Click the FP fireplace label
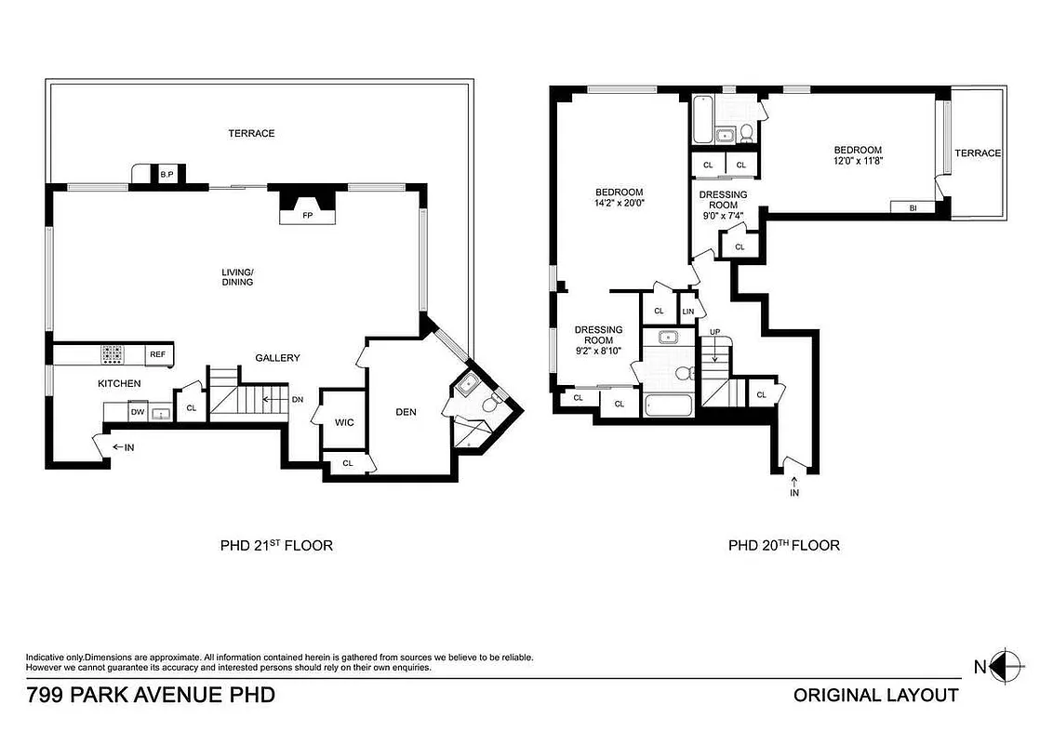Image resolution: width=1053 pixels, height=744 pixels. pyautogui.click(x=306, y=216)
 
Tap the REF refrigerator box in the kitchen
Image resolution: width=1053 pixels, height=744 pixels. pyautogui.click(x=158, y=354)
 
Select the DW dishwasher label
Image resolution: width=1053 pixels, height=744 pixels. pyautogui.click(x=136, y=411)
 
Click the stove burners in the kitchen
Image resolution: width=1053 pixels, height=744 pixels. pyautogui.click(x=113, y=354)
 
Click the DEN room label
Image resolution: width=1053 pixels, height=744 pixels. pyautogui.click(x=405, y=412)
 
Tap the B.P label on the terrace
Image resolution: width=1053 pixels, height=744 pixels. pyautogui.click(x=167, y=174)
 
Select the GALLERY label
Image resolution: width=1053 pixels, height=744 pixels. pyautogui.click(x=277, y=358)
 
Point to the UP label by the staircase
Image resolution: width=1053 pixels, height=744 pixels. pyautogui.click(x=714, y=332)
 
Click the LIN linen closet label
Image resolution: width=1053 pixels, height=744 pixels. pyautogui.click(x=688, y=312)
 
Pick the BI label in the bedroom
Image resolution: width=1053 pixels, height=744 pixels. pyautogui.click(x=913, y=207)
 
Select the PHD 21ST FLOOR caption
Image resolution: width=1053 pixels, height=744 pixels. pyautogui.click(x=270, y=545)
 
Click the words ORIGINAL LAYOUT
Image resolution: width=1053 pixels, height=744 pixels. pyautogui.click(x=874, y=695)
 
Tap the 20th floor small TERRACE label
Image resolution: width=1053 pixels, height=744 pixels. pyautogui.click(x=977, y=153)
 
